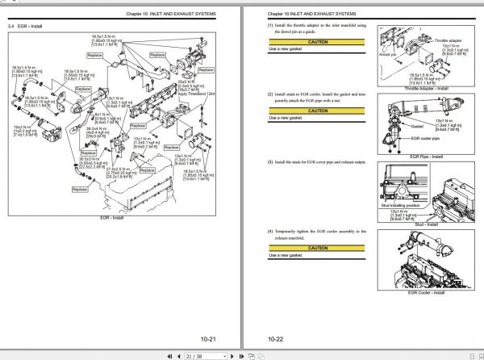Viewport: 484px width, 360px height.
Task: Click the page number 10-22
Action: point(277,340)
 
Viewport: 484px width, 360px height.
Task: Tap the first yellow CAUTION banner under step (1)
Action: point(317,42)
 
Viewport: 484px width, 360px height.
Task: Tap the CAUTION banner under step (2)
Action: point(317,109)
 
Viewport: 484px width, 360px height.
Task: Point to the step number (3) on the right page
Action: point(271,162)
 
